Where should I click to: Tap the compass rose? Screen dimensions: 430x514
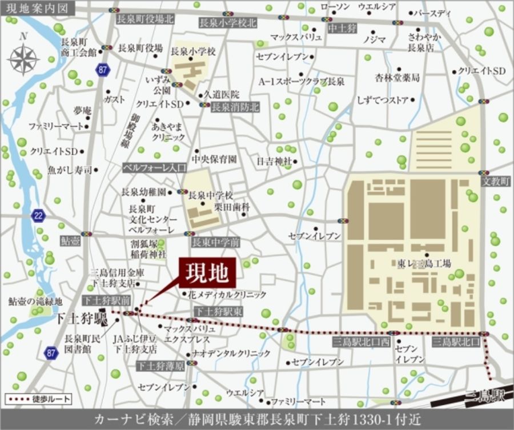23,58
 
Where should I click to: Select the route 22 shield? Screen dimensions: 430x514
38,215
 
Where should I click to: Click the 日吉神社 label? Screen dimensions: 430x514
274,161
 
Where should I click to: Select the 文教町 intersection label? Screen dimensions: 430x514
495,180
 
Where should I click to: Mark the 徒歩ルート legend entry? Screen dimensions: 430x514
30,398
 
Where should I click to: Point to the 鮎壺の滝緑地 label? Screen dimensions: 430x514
35,301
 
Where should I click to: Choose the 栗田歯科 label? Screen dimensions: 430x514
235,207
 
